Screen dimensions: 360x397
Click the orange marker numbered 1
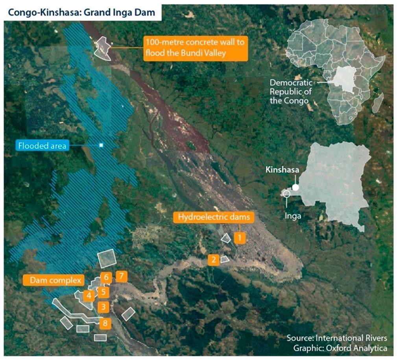[240, 238]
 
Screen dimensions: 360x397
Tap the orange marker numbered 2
[214, 260]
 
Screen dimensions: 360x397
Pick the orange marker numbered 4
[89, 295]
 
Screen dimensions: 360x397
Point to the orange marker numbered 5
[103, 292]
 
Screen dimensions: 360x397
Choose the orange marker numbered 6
[106, 277]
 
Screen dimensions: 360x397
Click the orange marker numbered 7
[122, 276]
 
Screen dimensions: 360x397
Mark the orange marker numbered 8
[105, 323]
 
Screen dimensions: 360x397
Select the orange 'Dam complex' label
[54, 280]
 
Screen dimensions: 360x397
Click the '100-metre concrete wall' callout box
[196, 48]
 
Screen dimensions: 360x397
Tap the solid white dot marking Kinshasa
[295, 187]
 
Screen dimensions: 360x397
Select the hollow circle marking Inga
[286, 193]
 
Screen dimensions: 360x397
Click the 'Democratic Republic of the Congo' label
[291, 92]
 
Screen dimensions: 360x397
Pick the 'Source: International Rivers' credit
[337, 338]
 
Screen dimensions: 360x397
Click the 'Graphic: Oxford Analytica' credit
[340, 348]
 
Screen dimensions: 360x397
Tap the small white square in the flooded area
[101, 145]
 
